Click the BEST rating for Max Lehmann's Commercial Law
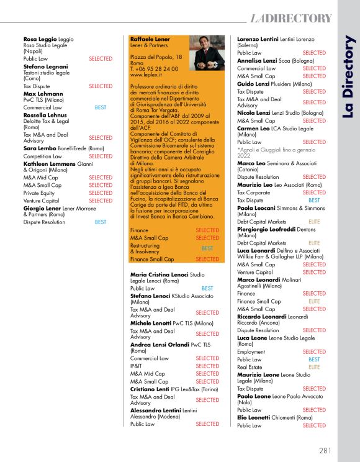[x=101, y=107]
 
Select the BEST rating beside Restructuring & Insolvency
[x=207, y=248]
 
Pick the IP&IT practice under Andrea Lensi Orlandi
[x=137, y=366]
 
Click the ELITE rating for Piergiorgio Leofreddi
[x=314, y=243]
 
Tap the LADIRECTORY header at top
[x=291, y=17]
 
